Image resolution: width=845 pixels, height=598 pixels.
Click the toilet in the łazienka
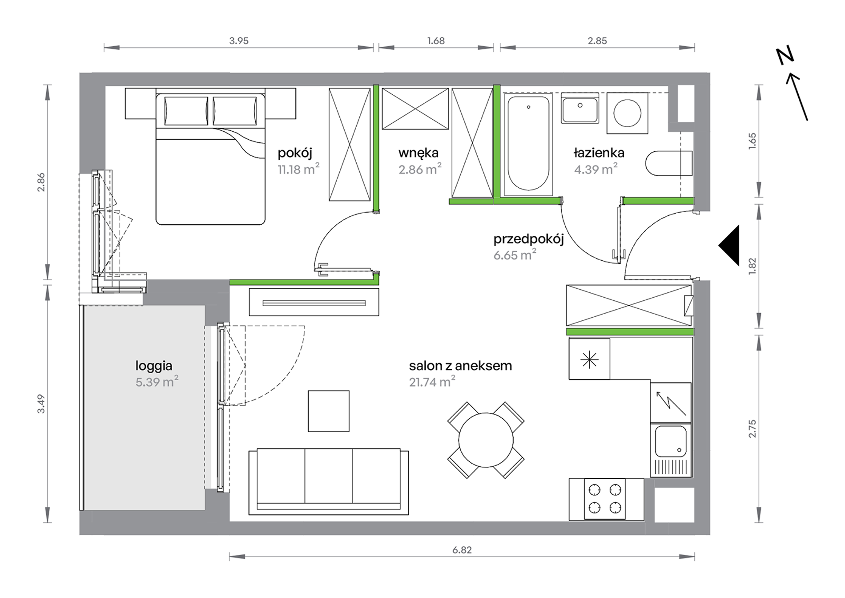pos(669,163)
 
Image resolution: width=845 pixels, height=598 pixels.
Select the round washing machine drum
pos(627,113)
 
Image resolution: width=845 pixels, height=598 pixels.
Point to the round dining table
pos(486,440)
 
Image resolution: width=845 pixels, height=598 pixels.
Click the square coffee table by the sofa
pos(329,411)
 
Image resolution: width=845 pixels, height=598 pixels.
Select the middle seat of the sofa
pos(329,476)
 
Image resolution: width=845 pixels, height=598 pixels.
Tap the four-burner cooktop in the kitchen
pos(605,499)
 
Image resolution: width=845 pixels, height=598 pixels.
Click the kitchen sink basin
pos(671,441)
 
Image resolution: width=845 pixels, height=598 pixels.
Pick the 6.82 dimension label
pos(462,550)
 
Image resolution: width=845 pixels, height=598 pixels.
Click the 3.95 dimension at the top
pos(239,41)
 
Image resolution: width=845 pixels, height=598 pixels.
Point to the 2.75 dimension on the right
pos(752,429)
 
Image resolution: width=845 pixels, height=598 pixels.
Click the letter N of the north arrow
pos(785,56)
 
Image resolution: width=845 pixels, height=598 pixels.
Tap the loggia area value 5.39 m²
pos(157,381)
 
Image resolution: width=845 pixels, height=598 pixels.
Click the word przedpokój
pos(528,239)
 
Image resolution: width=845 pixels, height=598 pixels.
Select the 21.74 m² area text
pos(432,381)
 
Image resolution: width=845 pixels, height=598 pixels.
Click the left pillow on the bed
pos(186,111)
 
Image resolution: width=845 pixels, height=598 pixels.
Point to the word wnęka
pos(418,153)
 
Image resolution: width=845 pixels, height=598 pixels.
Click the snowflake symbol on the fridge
pos(589,359)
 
